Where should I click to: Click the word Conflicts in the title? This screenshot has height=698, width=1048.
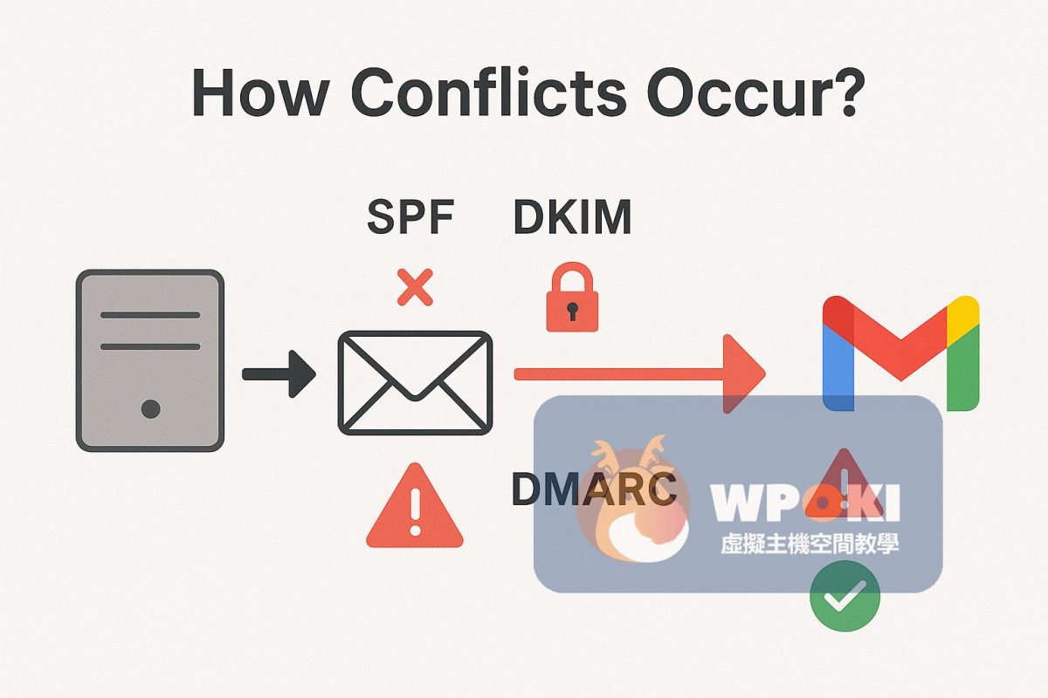click(488, 92)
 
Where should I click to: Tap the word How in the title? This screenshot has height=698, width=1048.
click(259, 93)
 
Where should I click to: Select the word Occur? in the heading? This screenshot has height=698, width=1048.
click(752, 92)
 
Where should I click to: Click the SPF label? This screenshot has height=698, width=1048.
click(410, 216)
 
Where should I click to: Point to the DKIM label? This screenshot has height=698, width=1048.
click(572, 216)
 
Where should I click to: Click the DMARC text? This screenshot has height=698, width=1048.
click(594, 489)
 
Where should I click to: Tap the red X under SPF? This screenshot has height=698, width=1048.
click(415, 287)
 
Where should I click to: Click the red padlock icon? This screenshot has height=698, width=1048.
click(572, 297)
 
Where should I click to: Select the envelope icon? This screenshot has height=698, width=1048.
click(415, 382)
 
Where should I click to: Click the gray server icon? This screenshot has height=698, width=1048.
click(150, 360)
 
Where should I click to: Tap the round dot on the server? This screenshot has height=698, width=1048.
click(150, 409)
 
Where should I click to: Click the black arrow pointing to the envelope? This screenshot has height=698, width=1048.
click(279, 374)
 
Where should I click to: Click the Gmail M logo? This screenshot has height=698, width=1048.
click(900, 354)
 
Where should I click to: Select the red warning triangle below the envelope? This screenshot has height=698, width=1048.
click(415, 506)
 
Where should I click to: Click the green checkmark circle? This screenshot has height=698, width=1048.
click(845, 597)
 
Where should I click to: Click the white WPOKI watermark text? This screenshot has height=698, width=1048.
click(804, 503)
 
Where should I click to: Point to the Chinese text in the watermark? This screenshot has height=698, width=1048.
click(810, 544)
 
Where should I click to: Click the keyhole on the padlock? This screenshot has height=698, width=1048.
click(572, 311)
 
